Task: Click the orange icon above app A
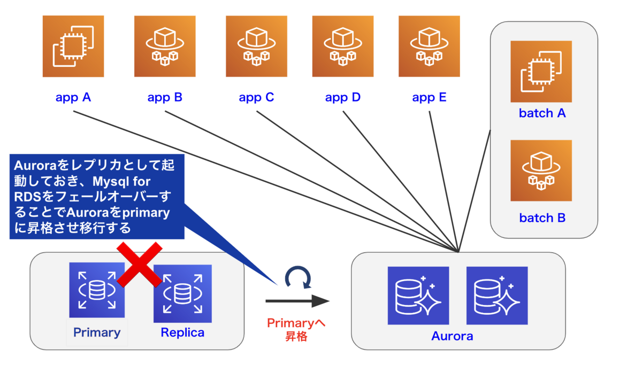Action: click(73, 46)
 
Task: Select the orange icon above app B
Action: click(165, 46)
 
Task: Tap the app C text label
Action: click(256, 98)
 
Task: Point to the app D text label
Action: click(343, 98)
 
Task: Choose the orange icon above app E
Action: click(429, 46)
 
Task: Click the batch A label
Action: click(542, 113)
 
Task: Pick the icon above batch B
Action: click(541, 170)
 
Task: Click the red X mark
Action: click(140, 263)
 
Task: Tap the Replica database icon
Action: click(182, 293)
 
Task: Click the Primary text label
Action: click(97, 332)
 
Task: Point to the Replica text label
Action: click(182, 332)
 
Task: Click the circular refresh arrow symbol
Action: click(297, 278)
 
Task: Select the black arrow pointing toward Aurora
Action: click(297, 301)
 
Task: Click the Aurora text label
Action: click(452, 336)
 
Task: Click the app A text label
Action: click(73, 98)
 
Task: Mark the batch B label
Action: click(542, 218)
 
